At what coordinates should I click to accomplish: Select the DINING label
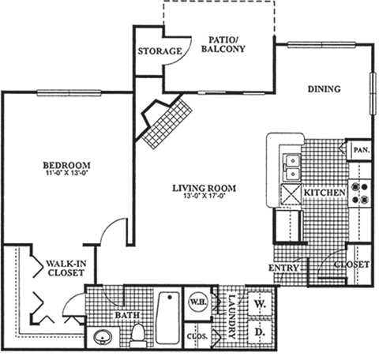point(324,89)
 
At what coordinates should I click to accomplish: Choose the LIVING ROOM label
point(205,188)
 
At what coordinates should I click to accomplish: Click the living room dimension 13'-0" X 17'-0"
point(205,198)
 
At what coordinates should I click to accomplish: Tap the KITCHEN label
point(325,193)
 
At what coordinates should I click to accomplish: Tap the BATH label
point(127,316)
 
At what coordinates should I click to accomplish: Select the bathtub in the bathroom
point(167,318)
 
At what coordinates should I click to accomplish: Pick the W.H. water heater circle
point(197,301)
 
